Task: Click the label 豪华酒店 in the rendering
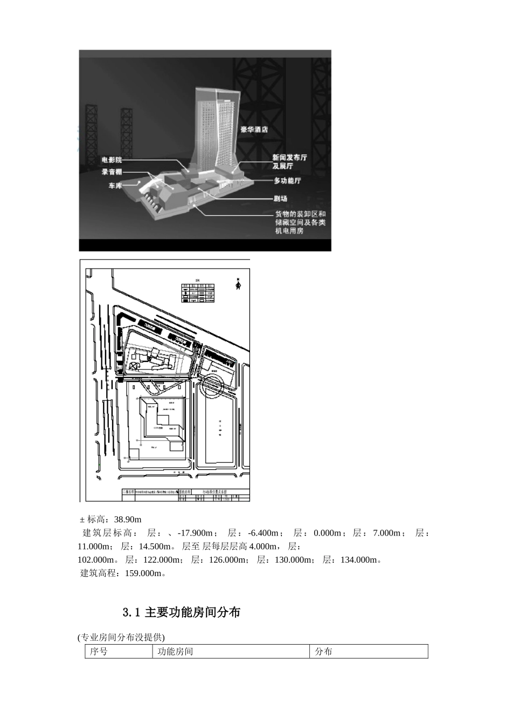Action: click(254, 129)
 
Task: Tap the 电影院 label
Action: click(112, 160)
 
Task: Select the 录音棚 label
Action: click(112, 172)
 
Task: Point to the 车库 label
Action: click(115, 186)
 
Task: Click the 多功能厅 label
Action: click(287, 181)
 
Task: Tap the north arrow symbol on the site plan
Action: click(238, 284)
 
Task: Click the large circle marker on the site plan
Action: click(210, 386)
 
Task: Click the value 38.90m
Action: click(128, 519)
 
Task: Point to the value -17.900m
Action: click(197, 533)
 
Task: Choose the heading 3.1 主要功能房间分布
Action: click(181, 612)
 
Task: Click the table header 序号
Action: click(99, 652)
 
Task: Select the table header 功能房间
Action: click(175, 652)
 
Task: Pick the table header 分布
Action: click(324, 652)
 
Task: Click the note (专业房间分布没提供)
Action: click(121, 637)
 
